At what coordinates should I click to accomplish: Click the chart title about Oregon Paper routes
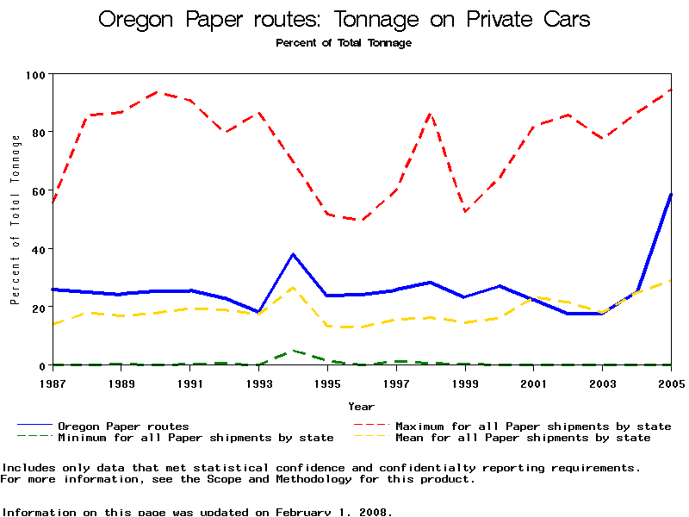point(344,19)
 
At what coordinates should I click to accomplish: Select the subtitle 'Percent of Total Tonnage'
point(344,42)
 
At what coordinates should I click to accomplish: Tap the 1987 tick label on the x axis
point(52,381)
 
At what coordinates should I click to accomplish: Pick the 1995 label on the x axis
point(327,381)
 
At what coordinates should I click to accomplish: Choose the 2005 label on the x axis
point(671,381)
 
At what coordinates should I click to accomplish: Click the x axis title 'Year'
point(361,406)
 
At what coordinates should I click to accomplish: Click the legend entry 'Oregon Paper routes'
point(123,426)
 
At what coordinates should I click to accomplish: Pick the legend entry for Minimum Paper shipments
point(196,438)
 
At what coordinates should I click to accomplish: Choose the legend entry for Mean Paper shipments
point(523,438)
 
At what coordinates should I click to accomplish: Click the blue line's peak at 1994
point(293,254)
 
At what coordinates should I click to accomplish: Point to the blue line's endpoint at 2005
point(671,195)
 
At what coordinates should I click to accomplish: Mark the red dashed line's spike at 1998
point(431,113)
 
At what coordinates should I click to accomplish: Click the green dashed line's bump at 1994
point(293,351)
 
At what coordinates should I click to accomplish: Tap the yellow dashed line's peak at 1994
point(293,288)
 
